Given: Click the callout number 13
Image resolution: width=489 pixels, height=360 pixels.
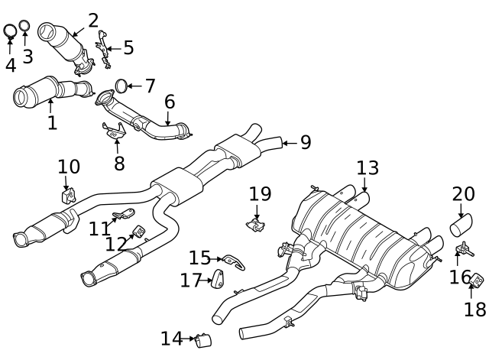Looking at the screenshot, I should (367, 167).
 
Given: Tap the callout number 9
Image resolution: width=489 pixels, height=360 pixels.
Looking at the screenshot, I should (305, 141).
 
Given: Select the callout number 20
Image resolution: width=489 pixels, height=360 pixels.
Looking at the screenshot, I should (463, 194).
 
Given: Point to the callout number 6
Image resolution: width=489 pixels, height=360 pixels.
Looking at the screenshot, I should (169, 102).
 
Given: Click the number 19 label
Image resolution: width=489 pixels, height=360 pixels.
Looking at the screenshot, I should (260, 194).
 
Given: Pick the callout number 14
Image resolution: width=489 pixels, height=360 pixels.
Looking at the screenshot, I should (171, 338).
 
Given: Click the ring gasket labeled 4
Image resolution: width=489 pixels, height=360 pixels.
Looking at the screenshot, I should (10, 31).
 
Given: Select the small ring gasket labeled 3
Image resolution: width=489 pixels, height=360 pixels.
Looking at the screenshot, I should (24, 27).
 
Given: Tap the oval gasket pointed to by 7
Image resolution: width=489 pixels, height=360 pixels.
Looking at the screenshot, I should (121, 86).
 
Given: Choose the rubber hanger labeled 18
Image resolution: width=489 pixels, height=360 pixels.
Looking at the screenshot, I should (474, 281).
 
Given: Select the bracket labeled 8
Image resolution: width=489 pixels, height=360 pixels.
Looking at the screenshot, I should (114, 131).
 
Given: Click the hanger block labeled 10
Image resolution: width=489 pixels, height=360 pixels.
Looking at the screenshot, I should (67, 196).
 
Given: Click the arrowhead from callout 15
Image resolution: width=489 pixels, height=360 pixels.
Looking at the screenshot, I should (222, 260).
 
